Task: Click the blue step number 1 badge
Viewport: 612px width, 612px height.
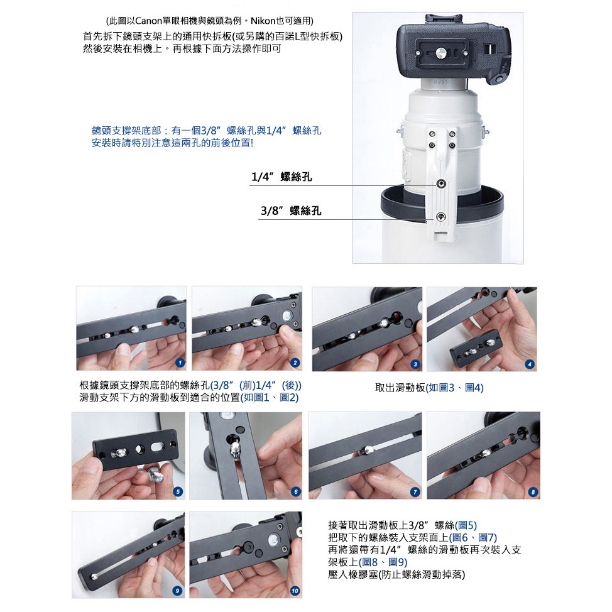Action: [180, 363]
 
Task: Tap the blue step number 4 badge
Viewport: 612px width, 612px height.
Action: [530, 364]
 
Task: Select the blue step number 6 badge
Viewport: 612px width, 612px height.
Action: [296, 492]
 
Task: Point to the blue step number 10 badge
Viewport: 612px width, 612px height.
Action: [295, 591]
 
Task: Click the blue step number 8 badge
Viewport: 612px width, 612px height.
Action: [533, 492]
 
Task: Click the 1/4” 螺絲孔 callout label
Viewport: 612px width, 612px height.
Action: [281, 177]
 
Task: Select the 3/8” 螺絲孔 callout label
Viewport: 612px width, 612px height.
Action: [291, 210]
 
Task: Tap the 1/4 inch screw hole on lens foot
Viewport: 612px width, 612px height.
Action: [440, 184]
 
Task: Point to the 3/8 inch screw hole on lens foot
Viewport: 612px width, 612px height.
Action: [440, 216]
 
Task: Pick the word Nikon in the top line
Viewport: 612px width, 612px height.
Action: [263, 20]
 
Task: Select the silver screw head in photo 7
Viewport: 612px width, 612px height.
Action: [369, 450]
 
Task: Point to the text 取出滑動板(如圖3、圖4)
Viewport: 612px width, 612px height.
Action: [429, 388]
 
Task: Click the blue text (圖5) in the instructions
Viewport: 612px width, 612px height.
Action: [466, 525]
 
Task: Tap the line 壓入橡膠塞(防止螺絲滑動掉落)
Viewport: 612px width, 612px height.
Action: [396, 574]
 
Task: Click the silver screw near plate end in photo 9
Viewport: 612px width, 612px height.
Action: [94, 576]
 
